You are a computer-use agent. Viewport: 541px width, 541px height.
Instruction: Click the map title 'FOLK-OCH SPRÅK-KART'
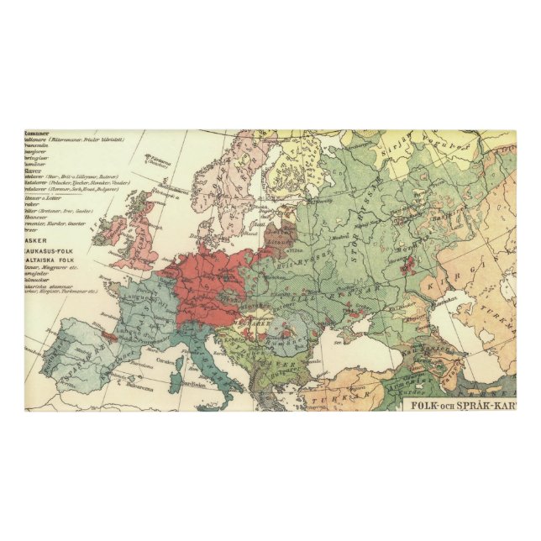pyautogui.click(x=460, y=402)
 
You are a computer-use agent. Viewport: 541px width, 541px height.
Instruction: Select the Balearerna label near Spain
pyautogui.click(x=120, y=387)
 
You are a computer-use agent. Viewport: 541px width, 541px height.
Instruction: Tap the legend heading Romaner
pyautogui.click(x=37, y=133)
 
